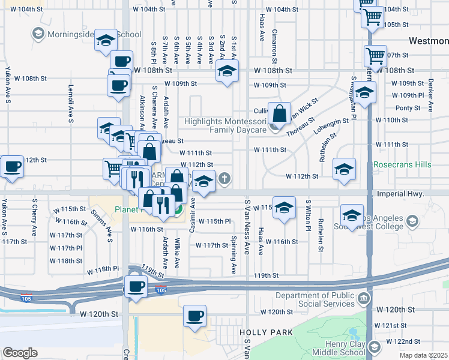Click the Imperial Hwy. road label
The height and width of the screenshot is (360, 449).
click(x=401, y=194)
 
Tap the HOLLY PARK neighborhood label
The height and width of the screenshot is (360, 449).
click(x=266, y=332)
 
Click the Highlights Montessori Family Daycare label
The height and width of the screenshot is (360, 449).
click(x=225, y=125)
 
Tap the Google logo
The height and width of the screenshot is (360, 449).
click(x=20, y=353)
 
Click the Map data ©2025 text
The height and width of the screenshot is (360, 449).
click(x=424, y=355)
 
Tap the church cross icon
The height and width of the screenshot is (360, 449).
click(x=224, y=177)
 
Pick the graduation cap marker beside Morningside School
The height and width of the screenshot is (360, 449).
click(x=106, y=40)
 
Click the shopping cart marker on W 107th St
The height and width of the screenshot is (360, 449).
click(x=375, y=56)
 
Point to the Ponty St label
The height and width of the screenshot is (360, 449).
click(x=408, y=108)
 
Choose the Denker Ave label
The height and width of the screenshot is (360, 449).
click(x=430, y=88)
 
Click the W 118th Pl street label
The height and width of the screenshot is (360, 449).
click(x=108, y=269)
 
